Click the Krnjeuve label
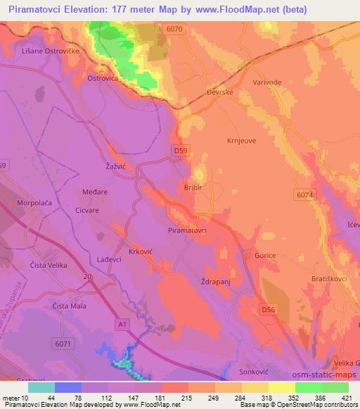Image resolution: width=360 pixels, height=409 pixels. [x=241, y=140]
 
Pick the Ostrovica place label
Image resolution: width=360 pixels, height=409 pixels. [x=103, y=78]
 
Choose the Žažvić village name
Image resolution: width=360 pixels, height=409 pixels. [x=105, y=166]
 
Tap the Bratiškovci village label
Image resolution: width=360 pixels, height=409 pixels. [x=330, y=279]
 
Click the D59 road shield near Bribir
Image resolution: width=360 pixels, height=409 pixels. [x=181, y=150]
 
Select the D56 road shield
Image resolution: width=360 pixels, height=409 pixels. [x=266, y=309]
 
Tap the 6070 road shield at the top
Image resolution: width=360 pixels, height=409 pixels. [x=175, y=29]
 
